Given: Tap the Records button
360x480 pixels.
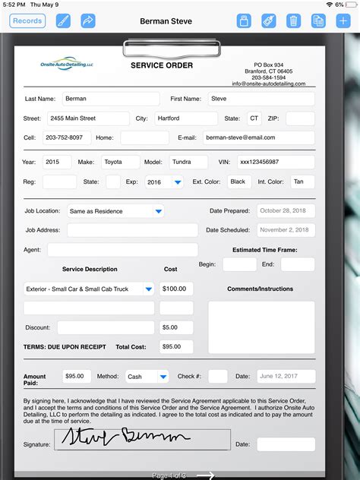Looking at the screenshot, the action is pyautogui.click(x=27, y=21).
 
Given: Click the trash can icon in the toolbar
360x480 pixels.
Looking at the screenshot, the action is pyautogui.click(x=293, y=21).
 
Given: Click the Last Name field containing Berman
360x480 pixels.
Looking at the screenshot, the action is pyautogui.click(x=110, y=99).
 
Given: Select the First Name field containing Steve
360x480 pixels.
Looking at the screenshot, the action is pyautogui.click(x=261, y=99).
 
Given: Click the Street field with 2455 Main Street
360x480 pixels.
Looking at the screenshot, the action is pyautogui.click(x=87, y=118).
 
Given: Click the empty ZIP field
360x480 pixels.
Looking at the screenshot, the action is pyautogui.click(x=300, y=118).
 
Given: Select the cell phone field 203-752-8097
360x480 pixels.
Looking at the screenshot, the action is pyautogui.click(x=67, y=138).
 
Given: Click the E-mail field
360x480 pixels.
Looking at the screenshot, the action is pyautogui.click(x=258, y=138).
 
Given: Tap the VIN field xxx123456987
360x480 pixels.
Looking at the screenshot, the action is pyautogui.click(x=275, y=162).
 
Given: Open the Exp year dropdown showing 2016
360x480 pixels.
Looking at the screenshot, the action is pyautogui.click(x=165, y=182).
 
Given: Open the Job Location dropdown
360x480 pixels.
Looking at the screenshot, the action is pyautogui.click(x=115, y=211).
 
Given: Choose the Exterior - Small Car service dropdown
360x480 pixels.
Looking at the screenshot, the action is pyautogui.click(x=89, y=289).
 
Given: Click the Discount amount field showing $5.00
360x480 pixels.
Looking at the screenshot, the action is pyautogui.click(x=176, y=327).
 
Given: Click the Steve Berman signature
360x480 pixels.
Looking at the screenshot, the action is pyautogui.click(x=152, y=438).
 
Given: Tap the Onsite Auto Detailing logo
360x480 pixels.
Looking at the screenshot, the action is pyautogui.click(x=67, y=66).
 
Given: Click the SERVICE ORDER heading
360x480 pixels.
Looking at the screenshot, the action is pyautogui.click(x=162, y=65).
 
